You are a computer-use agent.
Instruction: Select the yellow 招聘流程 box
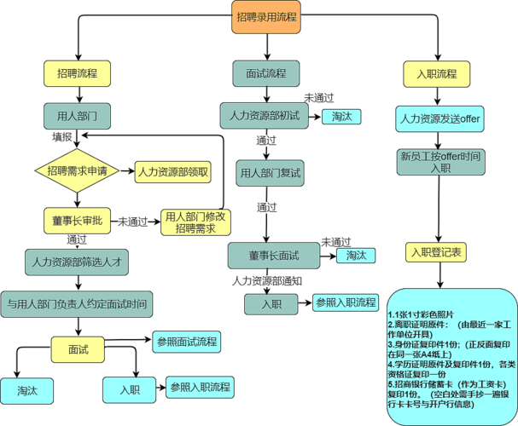point(78,73)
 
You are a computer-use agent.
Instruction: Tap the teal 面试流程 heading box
point(265,73)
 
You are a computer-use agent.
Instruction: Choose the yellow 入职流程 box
point(437,73)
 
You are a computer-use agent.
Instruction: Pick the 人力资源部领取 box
point(173,171)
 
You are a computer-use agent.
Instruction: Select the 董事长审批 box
point(78,220)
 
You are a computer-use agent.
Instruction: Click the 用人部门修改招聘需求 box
point(196,223)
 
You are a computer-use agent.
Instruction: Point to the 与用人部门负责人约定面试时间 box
point(77,303)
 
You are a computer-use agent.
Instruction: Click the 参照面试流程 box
point(186,342)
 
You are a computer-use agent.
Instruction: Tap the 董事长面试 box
point(274,256)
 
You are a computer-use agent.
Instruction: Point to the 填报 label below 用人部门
point(62,136)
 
